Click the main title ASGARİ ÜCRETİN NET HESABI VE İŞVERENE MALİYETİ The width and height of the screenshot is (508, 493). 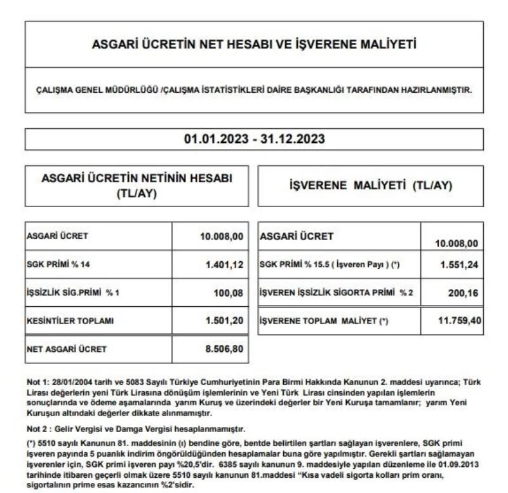pyautogui.click(x=253, y=46)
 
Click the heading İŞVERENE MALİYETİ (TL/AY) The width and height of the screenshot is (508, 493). pyautogui.click(x=370, y=186)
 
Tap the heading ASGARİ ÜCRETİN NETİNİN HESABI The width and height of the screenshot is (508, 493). pyautogui.click(x=137, y=180)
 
